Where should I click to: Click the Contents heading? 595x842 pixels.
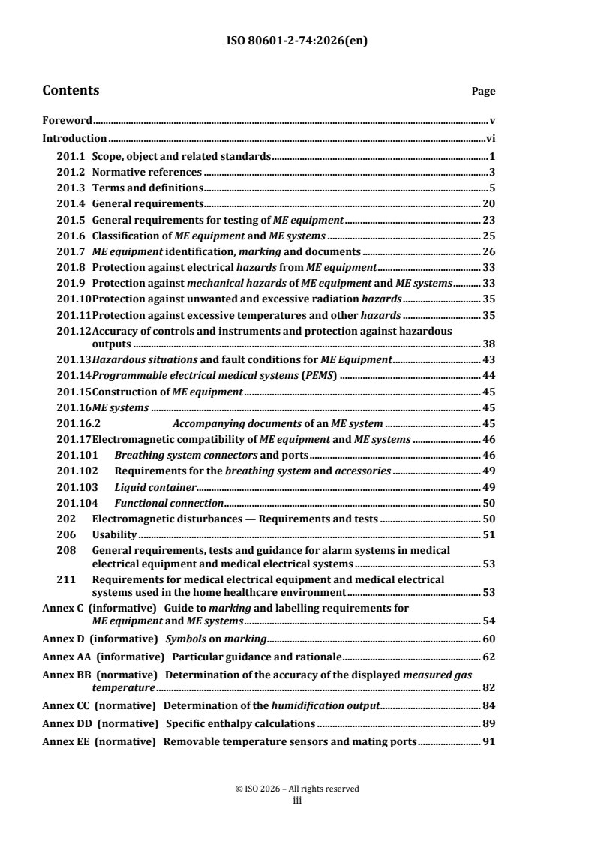click(x=71, y=91)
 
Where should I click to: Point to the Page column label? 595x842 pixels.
click(x=483, y=92)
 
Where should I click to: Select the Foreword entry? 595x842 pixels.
click(x=67, y=119)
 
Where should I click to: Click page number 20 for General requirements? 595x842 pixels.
click(x=488, y=203)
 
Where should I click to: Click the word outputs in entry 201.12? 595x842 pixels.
click(x=112, y=344)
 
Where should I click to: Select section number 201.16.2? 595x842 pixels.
click(x=78, y=423)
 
